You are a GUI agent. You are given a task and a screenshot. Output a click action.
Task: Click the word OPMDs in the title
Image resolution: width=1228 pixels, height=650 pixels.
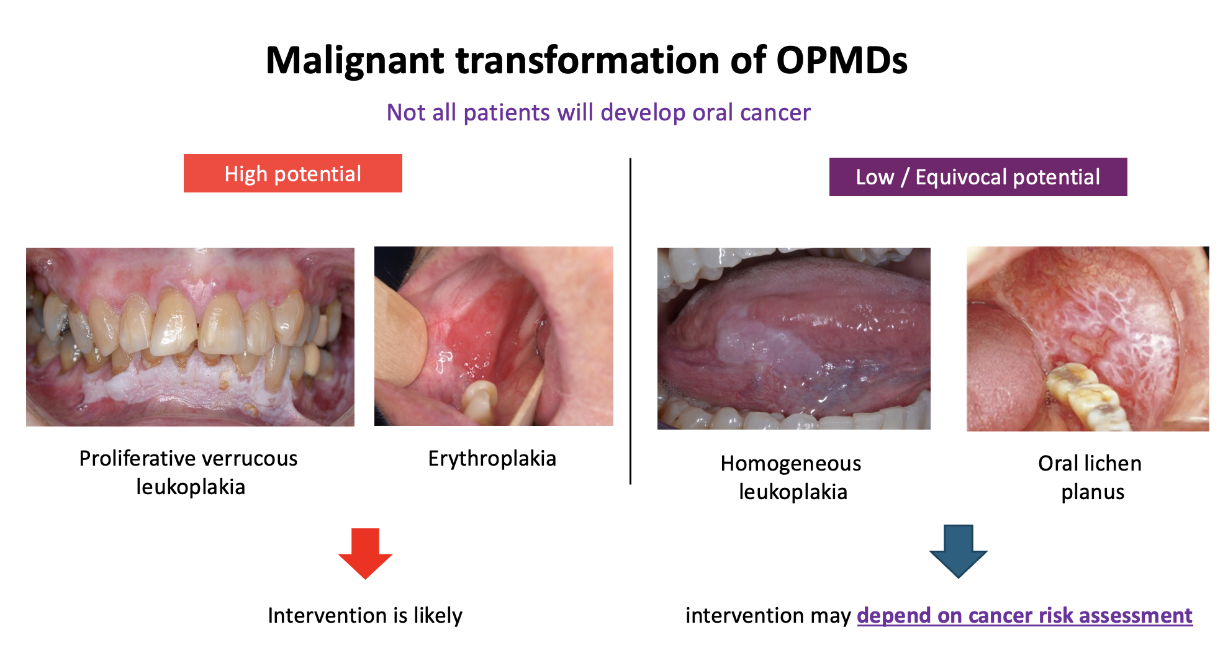click(841, 60)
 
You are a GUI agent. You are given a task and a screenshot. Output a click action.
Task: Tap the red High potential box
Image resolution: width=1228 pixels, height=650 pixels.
click(293, 173)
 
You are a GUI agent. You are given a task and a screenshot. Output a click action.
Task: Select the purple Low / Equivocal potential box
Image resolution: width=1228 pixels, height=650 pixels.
click(978, 177)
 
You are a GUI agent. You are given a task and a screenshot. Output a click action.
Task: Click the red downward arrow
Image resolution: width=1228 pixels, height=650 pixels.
click(365, 553)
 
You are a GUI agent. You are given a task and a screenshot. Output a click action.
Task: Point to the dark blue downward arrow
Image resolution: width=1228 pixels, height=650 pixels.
click(958, 551)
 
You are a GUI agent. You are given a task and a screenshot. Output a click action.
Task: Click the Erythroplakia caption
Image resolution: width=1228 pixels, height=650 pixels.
click(492, 458)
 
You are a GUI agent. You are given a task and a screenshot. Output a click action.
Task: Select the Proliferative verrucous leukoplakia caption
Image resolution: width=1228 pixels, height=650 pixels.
click(189, 472)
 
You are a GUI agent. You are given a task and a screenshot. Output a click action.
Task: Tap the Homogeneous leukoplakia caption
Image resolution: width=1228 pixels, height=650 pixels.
click(792, 477)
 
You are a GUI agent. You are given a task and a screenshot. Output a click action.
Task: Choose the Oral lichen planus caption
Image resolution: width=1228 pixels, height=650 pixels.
click(1090, 477)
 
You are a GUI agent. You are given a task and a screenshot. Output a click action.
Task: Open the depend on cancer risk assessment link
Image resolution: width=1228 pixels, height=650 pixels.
click(1024, 615)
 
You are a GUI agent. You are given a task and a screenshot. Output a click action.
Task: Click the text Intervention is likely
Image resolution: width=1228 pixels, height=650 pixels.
click(365, 615)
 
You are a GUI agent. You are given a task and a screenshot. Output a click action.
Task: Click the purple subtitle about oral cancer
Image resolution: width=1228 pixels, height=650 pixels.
click(598, 112)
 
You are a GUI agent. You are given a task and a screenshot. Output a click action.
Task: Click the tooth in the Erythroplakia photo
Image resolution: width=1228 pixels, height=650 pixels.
click(479, 402)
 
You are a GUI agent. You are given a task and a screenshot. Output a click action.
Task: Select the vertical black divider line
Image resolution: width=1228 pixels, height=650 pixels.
click(630, 321)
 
